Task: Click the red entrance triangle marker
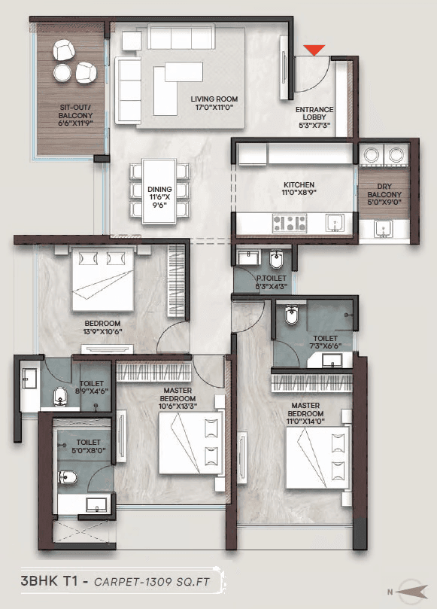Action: point(314,50)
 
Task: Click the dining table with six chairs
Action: point(159,191)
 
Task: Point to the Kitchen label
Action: point(299,189)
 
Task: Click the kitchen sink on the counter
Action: point(335,223)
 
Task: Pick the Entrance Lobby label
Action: point(314,117)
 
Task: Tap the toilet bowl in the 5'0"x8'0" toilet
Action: point(68,477)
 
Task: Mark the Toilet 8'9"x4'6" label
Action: point(91,387)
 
